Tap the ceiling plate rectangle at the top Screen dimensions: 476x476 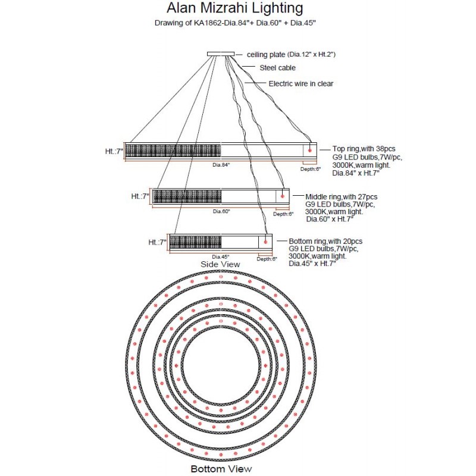tap(221, 54)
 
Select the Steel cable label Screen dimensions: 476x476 tap(277, 68)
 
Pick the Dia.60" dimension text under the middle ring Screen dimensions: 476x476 tap(221, 211)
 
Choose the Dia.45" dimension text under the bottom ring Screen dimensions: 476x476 tap(221, 256)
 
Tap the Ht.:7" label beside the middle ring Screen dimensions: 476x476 tap(140, 196)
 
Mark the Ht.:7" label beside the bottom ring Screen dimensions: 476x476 tap(157, 242)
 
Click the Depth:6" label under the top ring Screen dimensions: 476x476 tap(310, 169)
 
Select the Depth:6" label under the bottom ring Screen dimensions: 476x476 tap(267, 259)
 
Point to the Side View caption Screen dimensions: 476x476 tap(221, 264)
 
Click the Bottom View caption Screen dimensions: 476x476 tap(221, 469)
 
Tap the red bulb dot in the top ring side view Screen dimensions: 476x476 tap(309, 151)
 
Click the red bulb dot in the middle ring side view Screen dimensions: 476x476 tap(282, 196)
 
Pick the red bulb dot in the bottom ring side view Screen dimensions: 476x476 tap(265, 242)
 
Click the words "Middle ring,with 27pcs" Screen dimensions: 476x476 tap(341, 196)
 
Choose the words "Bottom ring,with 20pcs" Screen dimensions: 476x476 tap(325, 241)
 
